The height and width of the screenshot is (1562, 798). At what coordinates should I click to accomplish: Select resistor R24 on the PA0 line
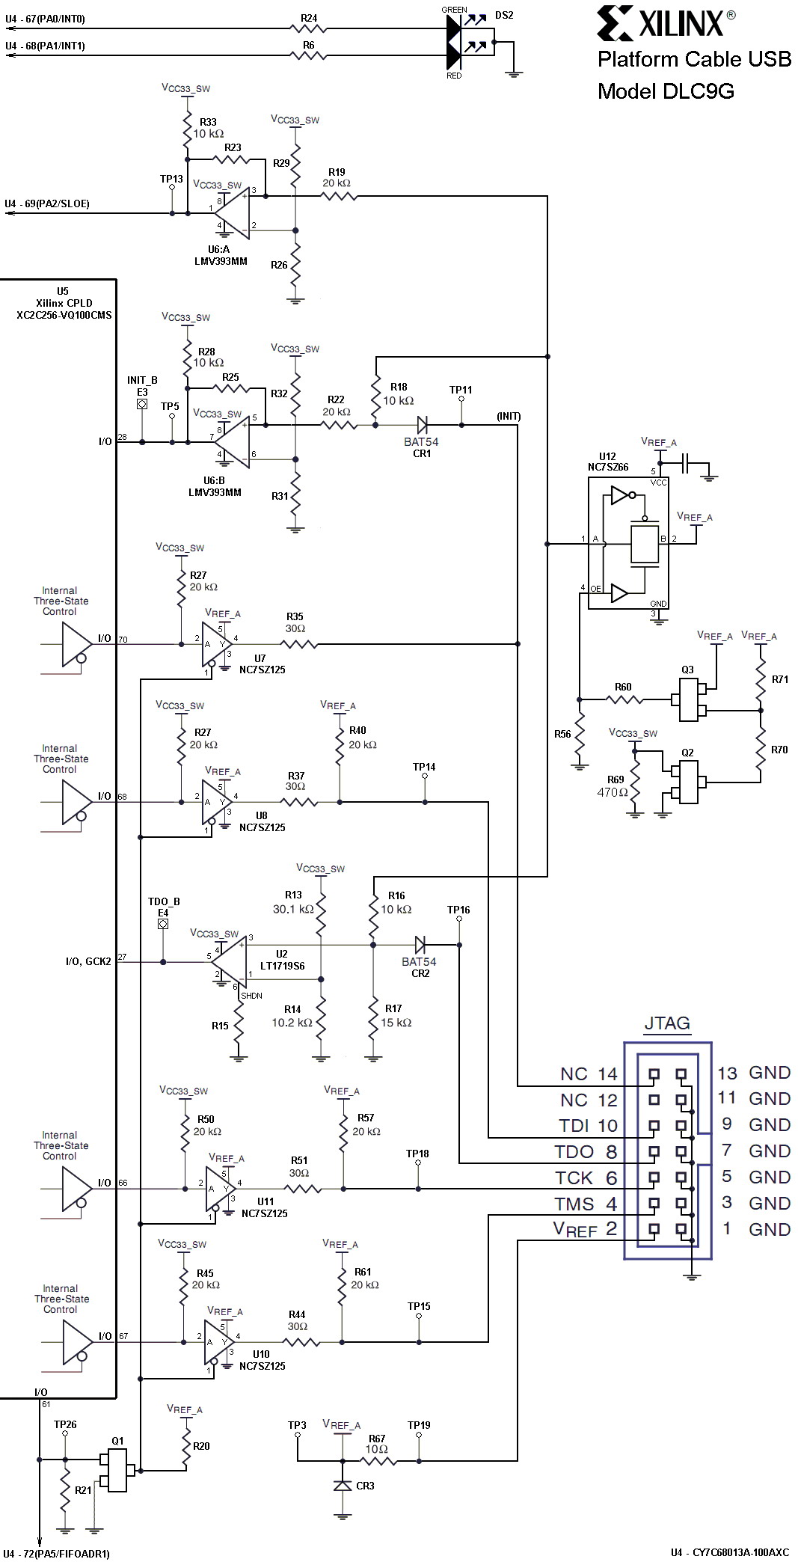tap(308, 28)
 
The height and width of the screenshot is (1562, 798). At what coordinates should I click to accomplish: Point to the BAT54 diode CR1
tap(422, 426)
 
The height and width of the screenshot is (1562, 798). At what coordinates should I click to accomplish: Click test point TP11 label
tap(461, 390)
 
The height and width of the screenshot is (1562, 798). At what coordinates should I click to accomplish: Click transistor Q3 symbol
tap(689, 700)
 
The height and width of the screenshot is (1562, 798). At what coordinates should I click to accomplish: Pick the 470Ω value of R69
tap(612, 792)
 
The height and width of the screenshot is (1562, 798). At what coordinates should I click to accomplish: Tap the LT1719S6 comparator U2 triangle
tap(230, 961)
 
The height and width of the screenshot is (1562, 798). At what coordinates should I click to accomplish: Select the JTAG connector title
tap(667, 1023)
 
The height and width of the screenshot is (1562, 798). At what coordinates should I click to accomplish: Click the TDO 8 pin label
tap(586, 1152)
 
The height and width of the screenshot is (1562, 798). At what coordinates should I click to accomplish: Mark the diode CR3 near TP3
tap(343, 1486)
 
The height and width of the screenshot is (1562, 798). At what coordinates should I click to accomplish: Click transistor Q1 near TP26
tap(117, 1470)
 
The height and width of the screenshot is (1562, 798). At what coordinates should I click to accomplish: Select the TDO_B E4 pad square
tap(163, 924)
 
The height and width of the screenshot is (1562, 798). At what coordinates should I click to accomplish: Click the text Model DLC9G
tap(666, 91)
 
